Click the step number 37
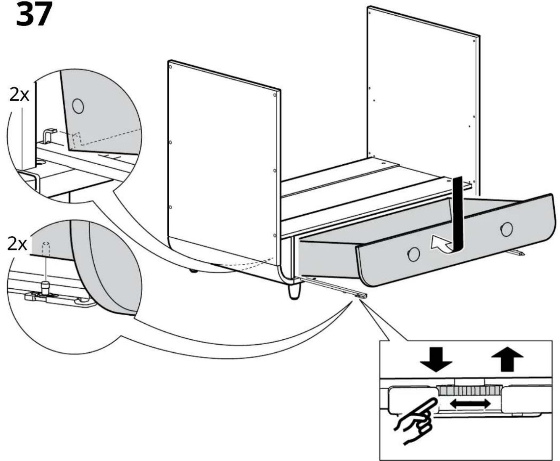pyautogui.click(x=34, y=14)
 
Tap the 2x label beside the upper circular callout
pyautogui.click(x=19, y=95)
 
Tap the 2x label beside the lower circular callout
pyautogui.click(x=17, y=244)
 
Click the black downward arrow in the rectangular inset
pyautogui.click(x=436, y=360)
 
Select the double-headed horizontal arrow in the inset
pyautogui.click(x=470, y=411)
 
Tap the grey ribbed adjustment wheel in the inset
pyautogui.click(x=470, y=391)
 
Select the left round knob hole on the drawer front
pyautogui.click(x=414, y=254)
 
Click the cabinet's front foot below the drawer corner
pyautogui.click(x=295, y=293)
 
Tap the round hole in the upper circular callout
pyautogui.click(x=78, y=106)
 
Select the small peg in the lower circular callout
pyautogui.click(x=45, y=287)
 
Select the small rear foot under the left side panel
pyautogui.click(x=193, y=271)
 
